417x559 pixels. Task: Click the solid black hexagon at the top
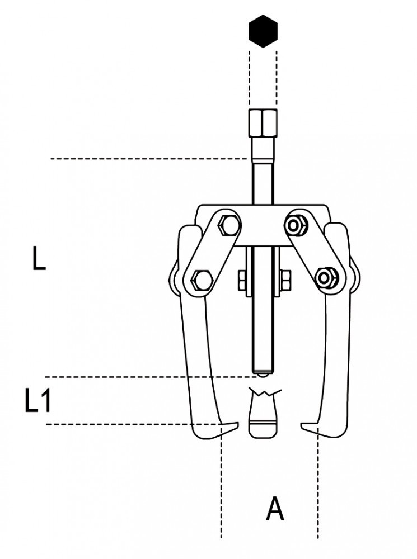(x=263, y=31)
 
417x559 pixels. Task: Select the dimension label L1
(x=38, y=400)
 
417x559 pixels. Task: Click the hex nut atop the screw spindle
(x=263, y=123)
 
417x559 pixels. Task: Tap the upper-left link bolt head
(x=226, y=226)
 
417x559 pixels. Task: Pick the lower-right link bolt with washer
(x=325, y=277)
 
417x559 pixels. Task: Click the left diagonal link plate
(x=212, y=253)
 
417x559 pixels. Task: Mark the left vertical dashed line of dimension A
(x=222, y=482)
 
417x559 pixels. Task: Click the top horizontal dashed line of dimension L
(x=149, y=158)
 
